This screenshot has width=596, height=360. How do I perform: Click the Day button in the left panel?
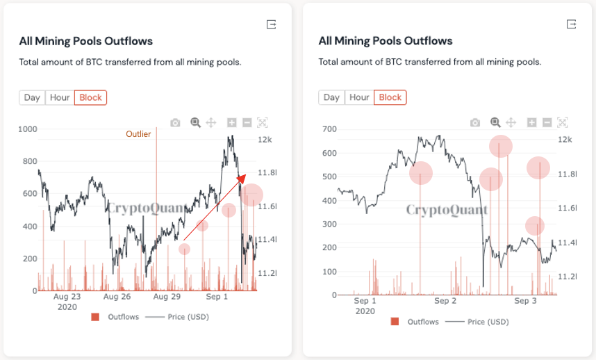click(32, 97)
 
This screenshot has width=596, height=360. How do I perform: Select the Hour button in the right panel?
click(359, 97)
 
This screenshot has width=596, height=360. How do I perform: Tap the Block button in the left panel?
click(90, 97)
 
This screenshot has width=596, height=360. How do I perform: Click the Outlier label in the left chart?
click(138, 134)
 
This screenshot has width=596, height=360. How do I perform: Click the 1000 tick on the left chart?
click(28, 129)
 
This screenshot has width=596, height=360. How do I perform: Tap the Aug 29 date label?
click(167, 297)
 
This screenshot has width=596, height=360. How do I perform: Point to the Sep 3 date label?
click(525, 301)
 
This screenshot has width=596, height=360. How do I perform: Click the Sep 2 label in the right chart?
click(445, 301)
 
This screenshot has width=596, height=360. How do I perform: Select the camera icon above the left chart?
click(175, 123)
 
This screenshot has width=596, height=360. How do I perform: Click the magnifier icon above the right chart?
click(495, 123)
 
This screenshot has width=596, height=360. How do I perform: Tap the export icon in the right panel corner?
click(572, 24)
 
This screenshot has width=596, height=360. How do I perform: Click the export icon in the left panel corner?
click(272, 24)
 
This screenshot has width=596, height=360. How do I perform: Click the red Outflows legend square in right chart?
click(395, 322)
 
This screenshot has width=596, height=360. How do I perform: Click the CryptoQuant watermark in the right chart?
click(447, 210)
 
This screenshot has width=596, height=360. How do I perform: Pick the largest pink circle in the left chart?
click(251, 196)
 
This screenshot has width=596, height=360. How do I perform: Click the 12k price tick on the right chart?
click(565, 140)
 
